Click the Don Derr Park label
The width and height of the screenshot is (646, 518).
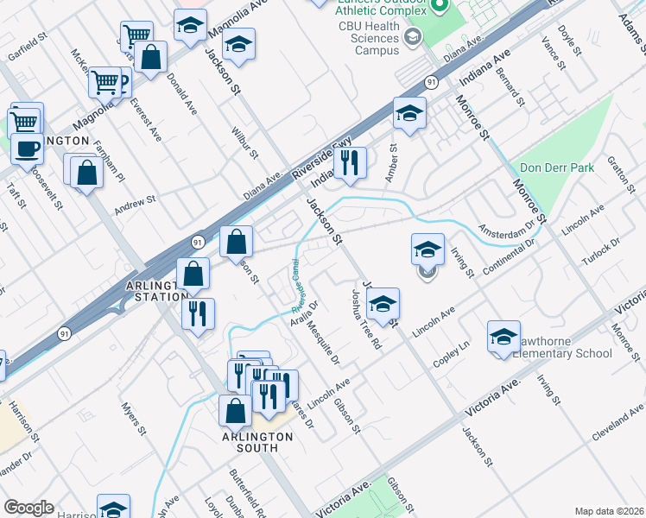557,167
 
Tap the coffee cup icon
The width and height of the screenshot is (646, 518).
25,148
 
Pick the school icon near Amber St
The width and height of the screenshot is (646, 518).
409,112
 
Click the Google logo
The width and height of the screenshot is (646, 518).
28,507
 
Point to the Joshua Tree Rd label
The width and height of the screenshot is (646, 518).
365,319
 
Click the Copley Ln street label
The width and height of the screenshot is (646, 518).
450,357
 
